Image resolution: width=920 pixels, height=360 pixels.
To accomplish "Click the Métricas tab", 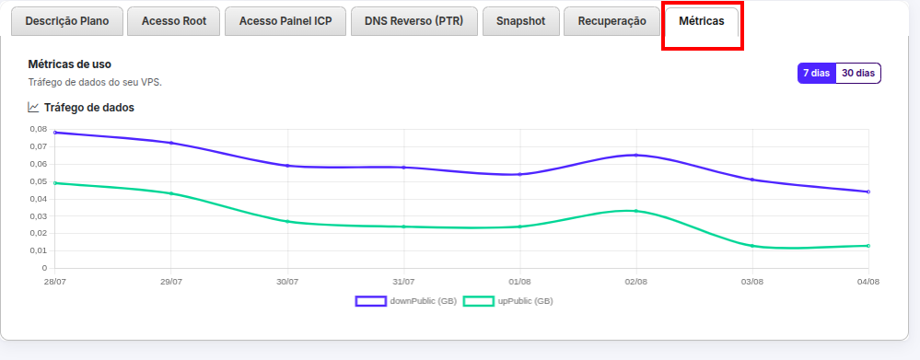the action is (x=701, y=22).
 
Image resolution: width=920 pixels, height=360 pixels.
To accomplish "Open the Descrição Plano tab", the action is (x=67, y=22).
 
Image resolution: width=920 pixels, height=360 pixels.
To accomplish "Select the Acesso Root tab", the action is (x=174, y=22).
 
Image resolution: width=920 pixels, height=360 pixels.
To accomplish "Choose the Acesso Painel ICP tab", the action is (x=285, y=22).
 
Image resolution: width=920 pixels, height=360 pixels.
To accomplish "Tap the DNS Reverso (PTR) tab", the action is (x=414, y=22).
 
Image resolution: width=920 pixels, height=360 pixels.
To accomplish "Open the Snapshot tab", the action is (x=521, y=22).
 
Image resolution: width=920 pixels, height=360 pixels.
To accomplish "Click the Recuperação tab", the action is (x=612, y=22).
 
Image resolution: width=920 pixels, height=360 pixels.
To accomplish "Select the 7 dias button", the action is (x=816, y=74).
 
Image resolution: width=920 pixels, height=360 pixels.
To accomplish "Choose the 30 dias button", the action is (x=858, y=74).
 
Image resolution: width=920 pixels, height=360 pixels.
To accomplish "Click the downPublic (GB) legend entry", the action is (x=406, y=301).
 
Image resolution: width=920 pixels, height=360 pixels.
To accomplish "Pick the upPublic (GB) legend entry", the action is (x=508, y=301).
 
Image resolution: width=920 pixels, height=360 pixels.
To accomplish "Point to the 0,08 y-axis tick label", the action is (x=38, y=129).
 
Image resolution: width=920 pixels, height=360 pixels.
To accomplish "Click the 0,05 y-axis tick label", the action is (x=38, y=181).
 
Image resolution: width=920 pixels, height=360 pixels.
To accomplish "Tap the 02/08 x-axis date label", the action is (x=636, y=282).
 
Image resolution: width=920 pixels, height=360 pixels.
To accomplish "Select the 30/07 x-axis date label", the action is (x=287, y=282).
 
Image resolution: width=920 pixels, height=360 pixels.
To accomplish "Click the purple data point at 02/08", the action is (x=636, y=156).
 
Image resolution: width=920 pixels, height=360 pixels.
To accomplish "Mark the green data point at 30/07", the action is (x=287, y=221).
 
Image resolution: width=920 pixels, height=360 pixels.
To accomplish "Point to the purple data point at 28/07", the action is (x=54, y=133).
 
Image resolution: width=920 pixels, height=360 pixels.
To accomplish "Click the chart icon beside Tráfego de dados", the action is (x=33, y=108).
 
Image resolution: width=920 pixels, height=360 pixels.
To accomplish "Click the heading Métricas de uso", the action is (x=70, y=64).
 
